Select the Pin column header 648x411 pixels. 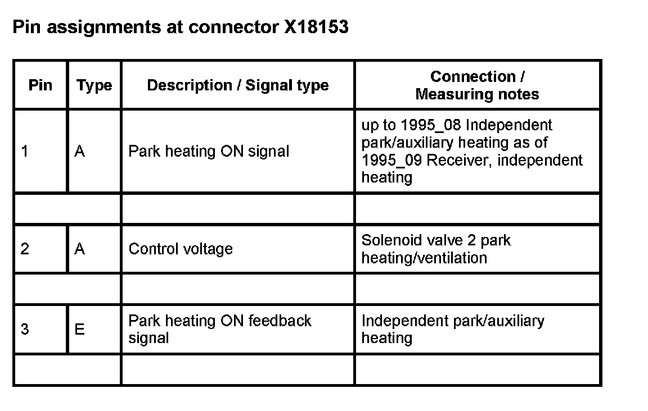[40, 85]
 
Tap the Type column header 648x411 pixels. [94, 85]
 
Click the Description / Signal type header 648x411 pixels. [237, 85]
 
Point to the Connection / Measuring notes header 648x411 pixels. [477, 85]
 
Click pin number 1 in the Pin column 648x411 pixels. [25, 152]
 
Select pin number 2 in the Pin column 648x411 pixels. [25, 249]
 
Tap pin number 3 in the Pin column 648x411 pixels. [25, 329]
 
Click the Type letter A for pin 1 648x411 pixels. [79, 152]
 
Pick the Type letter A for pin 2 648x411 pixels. [79, 249]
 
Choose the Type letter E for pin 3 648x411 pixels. [79, 329]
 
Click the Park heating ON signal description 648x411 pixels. [209, 152]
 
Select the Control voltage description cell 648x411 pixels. [181, 249]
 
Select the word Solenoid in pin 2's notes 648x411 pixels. [389, 240]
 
